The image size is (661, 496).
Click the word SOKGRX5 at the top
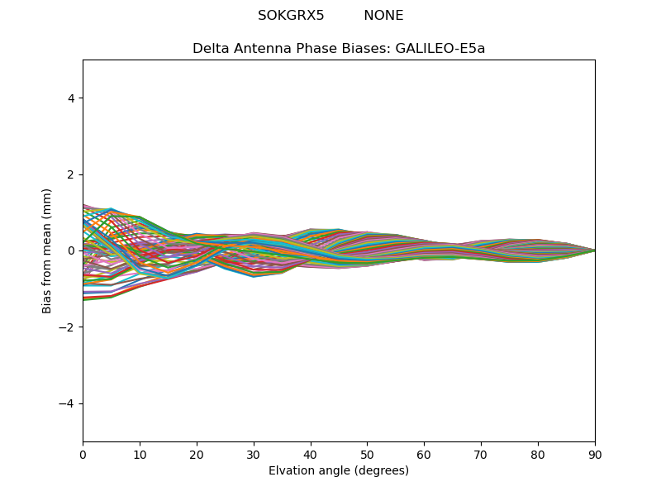pyautogui.click(x=291, y=16)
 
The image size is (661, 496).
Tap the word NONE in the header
pyautogui.click(x=383, y=16)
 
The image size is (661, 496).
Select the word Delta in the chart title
pyautogui.click(x=209, y=49)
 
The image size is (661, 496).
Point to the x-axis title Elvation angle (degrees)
pyautogui.click(x=339, y=471)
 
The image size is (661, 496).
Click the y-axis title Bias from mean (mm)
pyautogui.click(x=47, y=250)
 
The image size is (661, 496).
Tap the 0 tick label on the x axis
pyautogui.click(x=83, y=454)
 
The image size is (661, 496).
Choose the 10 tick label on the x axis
pyautogui.click(x=140, y=454)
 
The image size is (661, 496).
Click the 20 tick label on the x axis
pyautogui.click(x=197, y=454)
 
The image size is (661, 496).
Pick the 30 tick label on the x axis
pyautogui.click(x=254, y=454)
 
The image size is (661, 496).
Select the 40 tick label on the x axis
pyautogui.click(x=311, y=454)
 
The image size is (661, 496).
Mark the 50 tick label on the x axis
pyautogui.click(x=367, y=454)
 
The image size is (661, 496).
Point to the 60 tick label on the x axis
pyautogui.click(x=424, y=454)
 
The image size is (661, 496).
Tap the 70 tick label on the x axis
pyautogui.click(x=481, y=454)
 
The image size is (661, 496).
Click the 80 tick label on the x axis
pyautogui.click(x=538, y=454)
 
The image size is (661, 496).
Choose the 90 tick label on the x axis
pyautogui.click(x=595, y=454)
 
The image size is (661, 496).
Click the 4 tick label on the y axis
pyautogui.click(x=71, y=98)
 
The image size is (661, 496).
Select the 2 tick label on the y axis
pyautogui.click(x=71, y=174)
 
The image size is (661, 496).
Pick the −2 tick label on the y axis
pyautogui.click(x=67, y=327)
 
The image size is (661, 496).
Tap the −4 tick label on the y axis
pyautogui.click(x=67, y=403)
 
